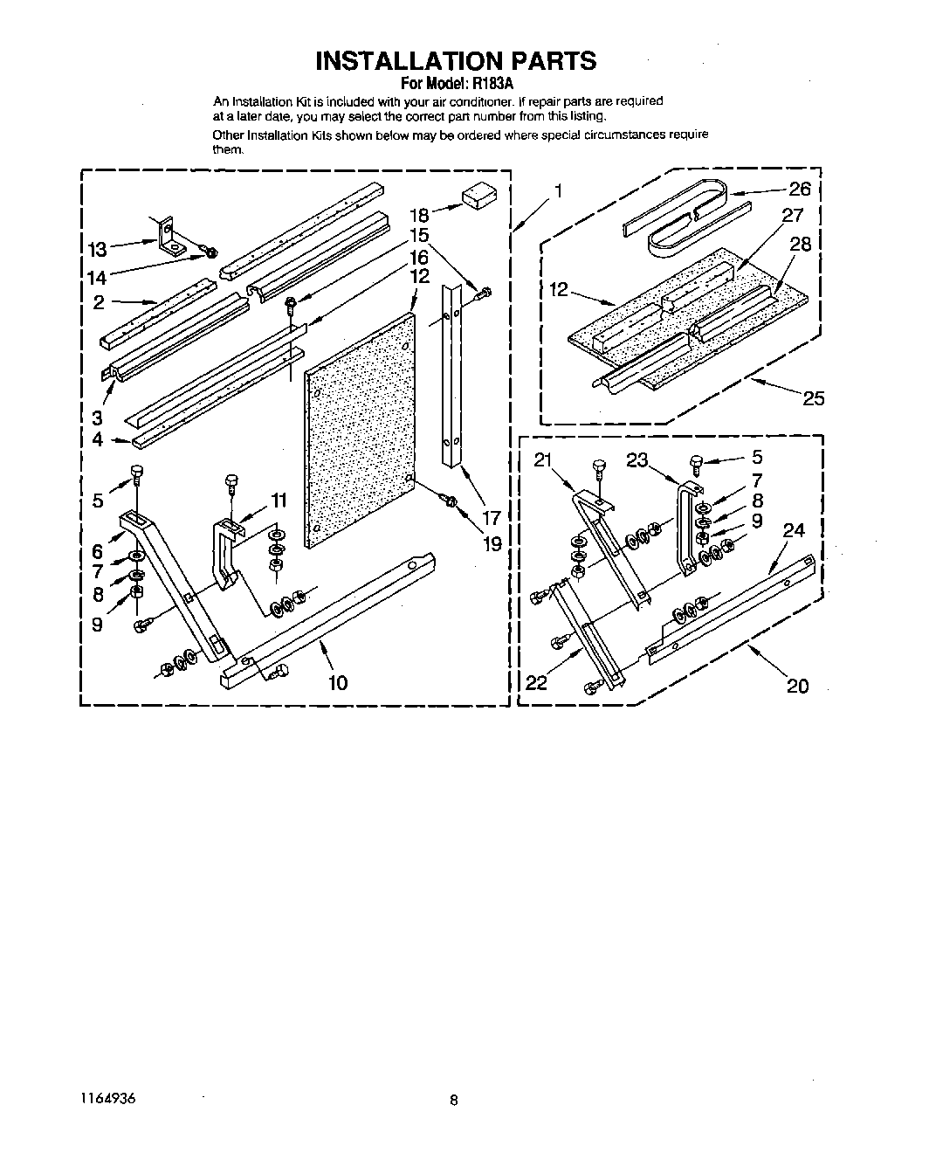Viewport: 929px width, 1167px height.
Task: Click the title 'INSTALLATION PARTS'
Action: pyautogui.click(x=455, y=60)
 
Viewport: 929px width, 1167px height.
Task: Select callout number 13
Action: pyautogui.click(x=97, y=250)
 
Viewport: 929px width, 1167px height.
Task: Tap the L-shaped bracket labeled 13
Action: pyautogui.click(x=170, y=236)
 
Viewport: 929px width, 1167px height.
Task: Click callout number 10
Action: pyautogui.click(x=338, y=682)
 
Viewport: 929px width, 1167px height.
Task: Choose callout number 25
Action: pyautogui.click(x=813, y=399)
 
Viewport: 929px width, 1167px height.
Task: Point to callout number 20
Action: pyautogui.click(x=797, y=686)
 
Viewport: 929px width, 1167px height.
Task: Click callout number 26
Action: pyautogui.click(x=800, y=189)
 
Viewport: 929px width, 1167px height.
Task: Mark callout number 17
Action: pyautogui.click(x=491, y=517)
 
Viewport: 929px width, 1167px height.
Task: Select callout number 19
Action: pyautogui.click(x=492, y=544)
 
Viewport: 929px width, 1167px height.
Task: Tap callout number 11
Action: pyautogui.click(x=279, y=501)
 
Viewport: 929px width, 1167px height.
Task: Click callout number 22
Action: pyautogui.click(x=536, y=682)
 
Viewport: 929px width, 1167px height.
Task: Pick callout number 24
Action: pyautogui.click(x=793, y=530)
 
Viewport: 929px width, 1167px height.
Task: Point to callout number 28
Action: pyautogui.click(x=800, y=244)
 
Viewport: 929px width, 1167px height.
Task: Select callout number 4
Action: pyautogui.click(x=98, y=439)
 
